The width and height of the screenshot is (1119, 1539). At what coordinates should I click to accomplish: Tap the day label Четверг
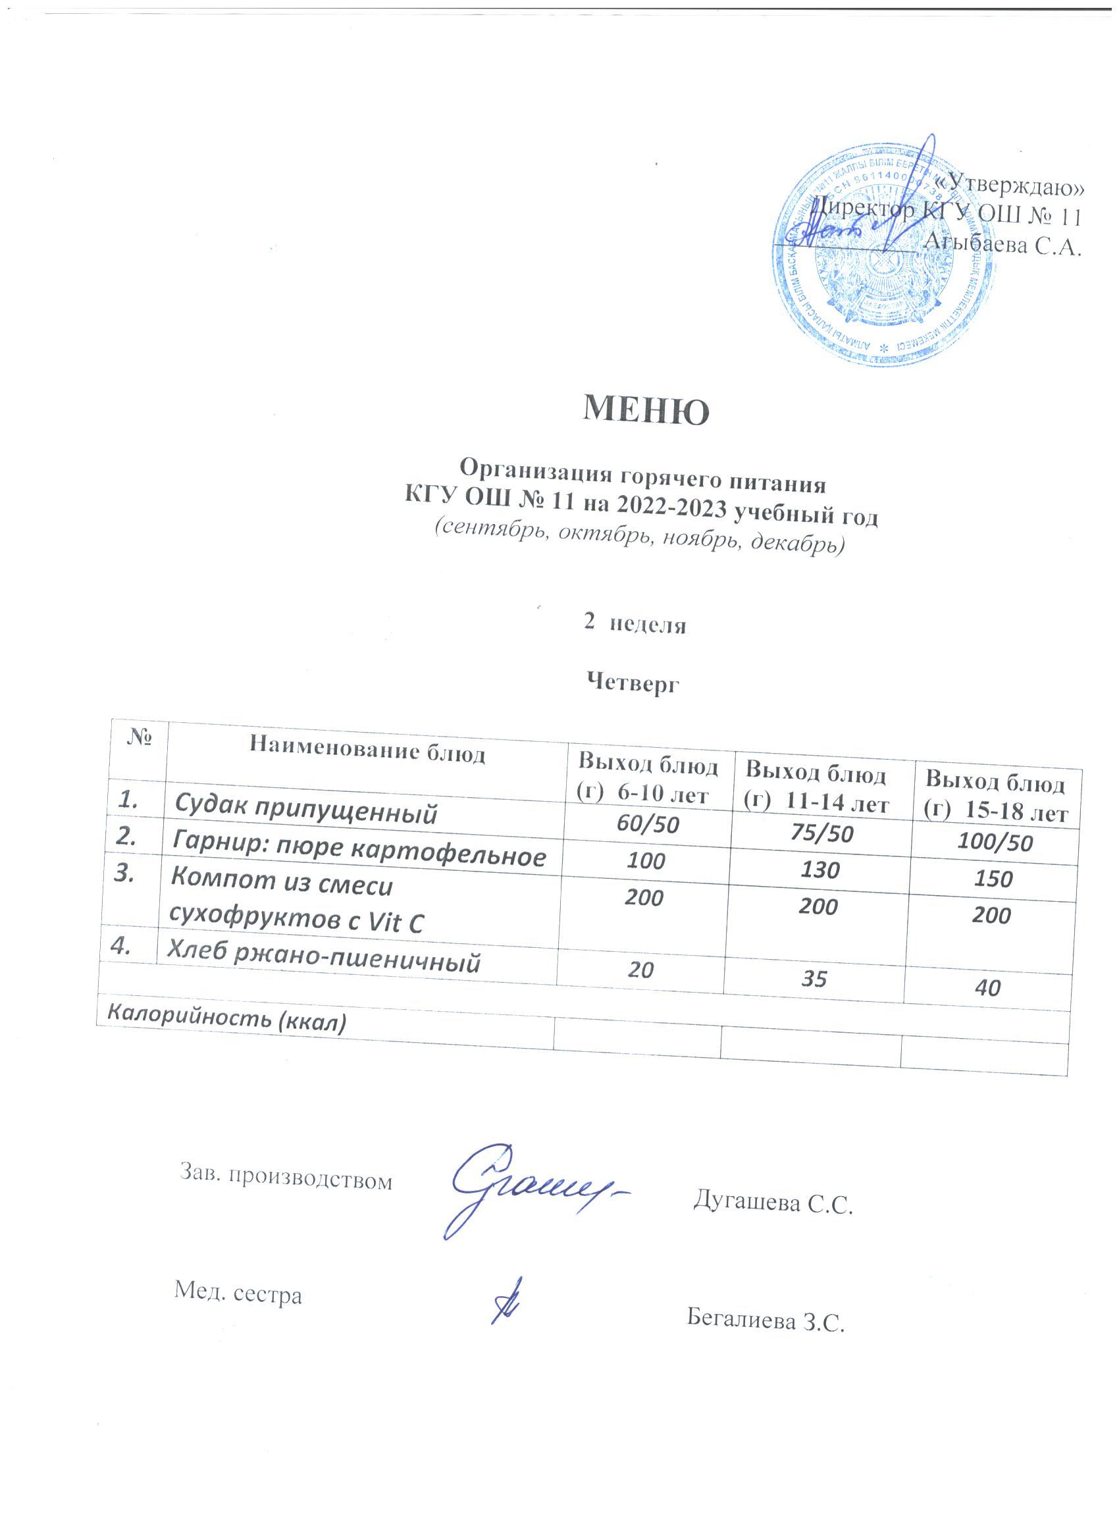(633, 684)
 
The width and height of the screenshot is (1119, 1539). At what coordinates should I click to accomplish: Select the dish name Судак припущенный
(305, 810)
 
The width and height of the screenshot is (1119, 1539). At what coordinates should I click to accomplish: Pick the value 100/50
(994, 843)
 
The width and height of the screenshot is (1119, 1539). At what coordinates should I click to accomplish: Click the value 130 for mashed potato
(820, 870)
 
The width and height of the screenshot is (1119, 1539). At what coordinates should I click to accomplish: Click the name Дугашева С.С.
(771, 1203)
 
